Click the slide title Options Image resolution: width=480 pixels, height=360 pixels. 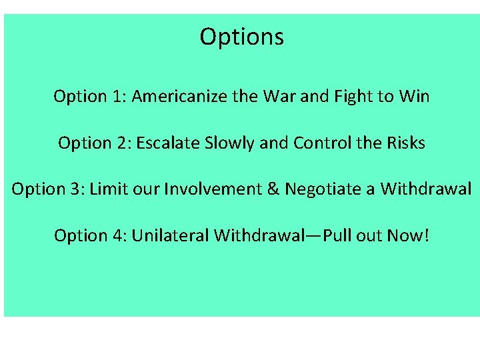(x=241, y=37)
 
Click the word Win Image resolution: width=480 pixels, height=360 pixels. (x=414, y=97)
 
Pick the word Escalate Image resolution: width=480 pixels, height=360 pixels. (x=167, y=143)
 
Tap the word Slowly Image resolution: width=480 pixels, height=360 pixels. (x=227, y=143)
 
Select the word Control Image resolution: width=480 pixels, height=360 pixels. (x=317, y=143)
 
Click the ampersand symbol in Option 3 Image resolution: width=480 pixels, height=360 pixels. (x=273, y=189)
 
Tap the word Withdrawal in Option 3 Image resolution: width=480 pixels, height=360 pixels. (x=426, y=189)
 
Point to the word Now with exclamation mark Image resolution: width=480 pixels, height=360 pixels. (x=403, y=235)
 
